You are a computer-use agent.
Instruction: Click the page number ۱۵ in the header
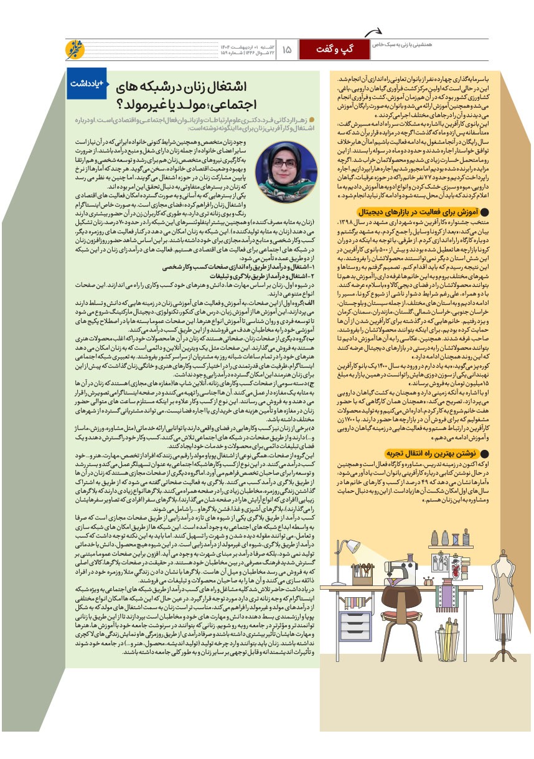coord(287,49)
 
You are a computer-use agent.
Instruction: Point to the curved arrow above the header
coord(373,32)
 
